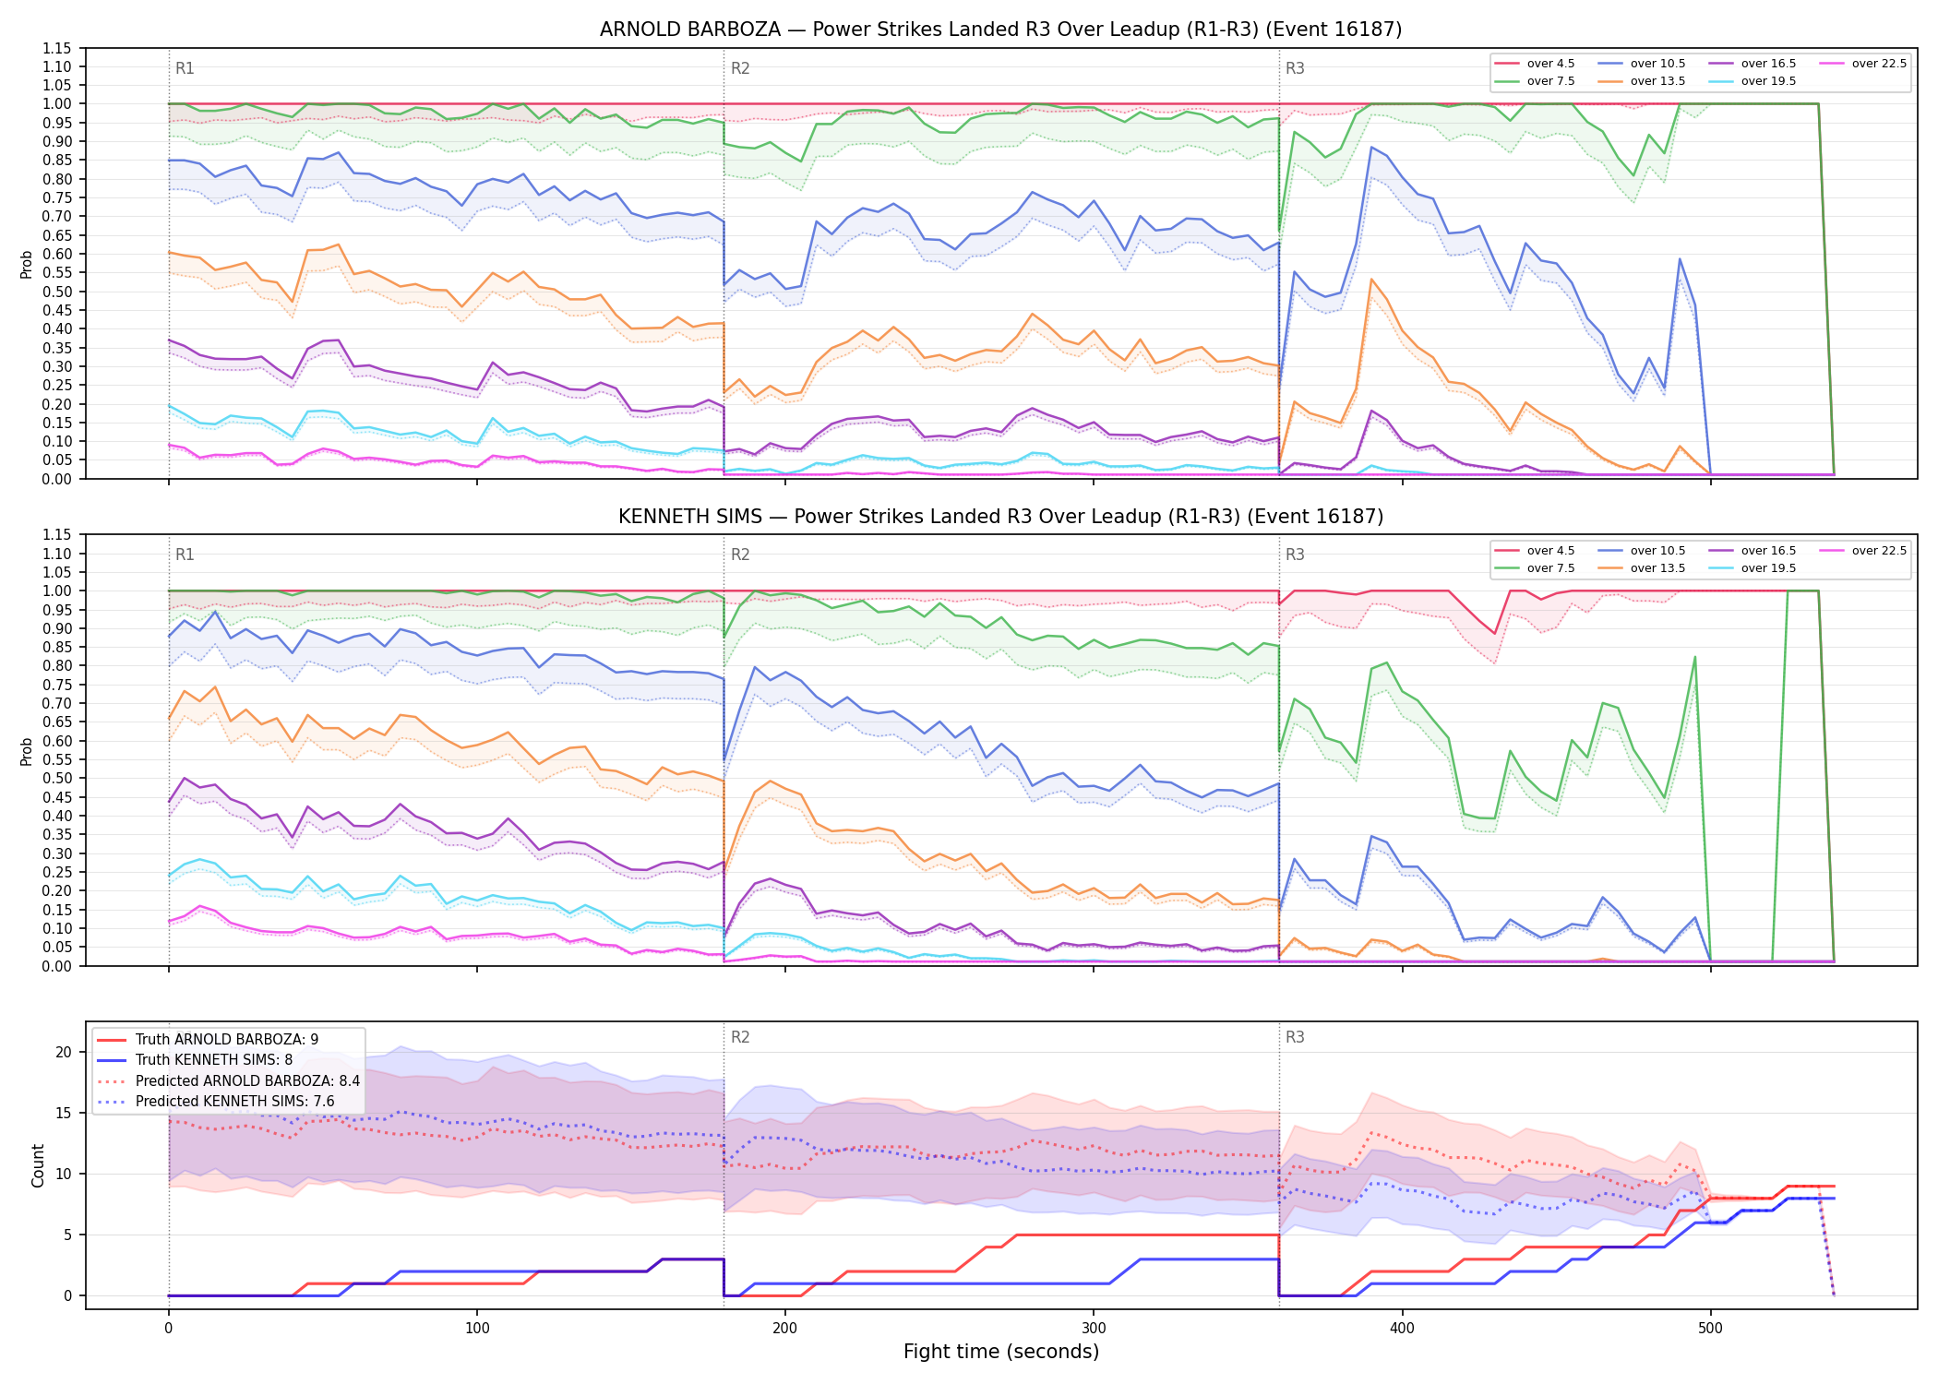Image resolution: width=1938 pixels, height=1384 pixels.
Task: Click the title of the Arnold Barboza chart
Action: coord(1000,30)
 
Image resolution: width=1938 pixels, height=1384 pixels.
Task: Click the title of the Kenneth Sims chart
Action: coord(1000,517)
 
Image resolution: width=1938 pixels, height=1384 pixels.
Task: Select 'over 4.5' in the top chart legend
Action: coord(1550,64)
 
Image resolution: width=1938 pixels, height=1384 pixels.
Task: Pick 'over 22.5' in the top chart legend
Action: coord(1879,64)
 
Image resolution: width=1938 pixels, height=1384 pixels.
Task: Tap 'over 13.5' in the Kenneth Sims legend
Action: coord(1657,568)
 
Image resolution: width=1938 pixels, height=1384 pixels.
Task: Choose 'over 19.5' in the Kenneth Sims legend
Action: coord(1768,568)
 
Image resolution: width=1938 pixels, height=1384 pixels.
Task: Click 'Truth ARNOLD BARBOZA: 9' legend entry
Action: coord(227,1040)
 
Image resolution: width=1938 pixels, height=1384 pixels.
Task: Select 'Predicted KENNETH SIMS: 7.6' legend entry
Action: coord(234,1102)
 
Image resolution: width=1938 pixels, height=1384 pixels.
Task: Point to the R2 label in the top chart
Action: coord(740,68)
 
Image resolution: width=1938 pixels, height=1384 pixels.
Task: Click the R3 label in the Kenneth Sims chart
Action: coord(1295,555)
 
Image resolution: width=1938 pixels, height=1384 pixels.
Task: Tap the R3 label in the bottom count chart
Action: coord(1295,1037)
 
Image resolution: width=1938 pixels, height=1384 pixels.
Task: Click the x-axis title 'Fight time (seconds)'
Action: coord(1001,1352)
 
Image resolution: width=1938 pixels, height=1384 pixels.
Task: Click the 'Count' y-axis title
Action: coord(38,1165)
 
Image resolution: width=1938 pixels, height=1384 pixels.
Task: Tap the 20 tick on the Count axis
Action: coord(64,1053)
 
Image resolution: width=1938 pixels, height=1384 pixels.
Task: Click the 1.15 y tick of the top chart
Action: coord(57,48)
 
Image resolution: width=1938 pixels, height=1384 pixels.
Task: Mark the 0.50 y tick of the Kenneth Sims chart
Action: coord(57,779)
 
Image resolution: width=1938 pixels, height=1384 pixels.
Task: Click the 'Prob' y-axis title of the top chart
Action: coord(27,264)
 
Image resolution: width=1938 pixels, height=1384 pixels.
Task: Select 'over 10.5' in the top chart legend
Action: coord(1657,64)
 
